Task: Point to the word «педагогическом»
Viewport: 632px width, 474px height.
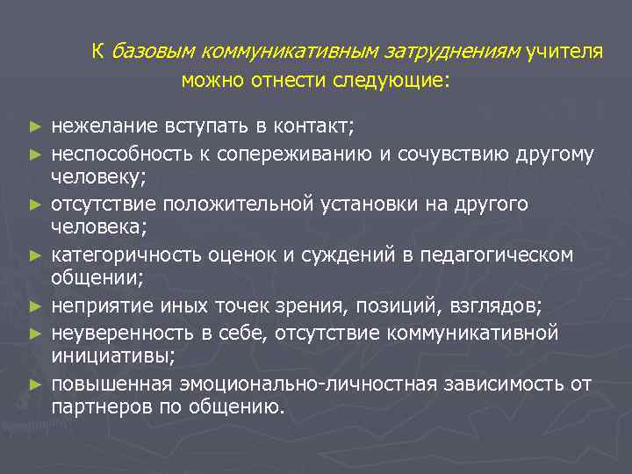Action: point(507,255)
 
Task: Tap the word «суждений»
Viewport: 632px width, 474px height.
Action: point(372,255)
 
